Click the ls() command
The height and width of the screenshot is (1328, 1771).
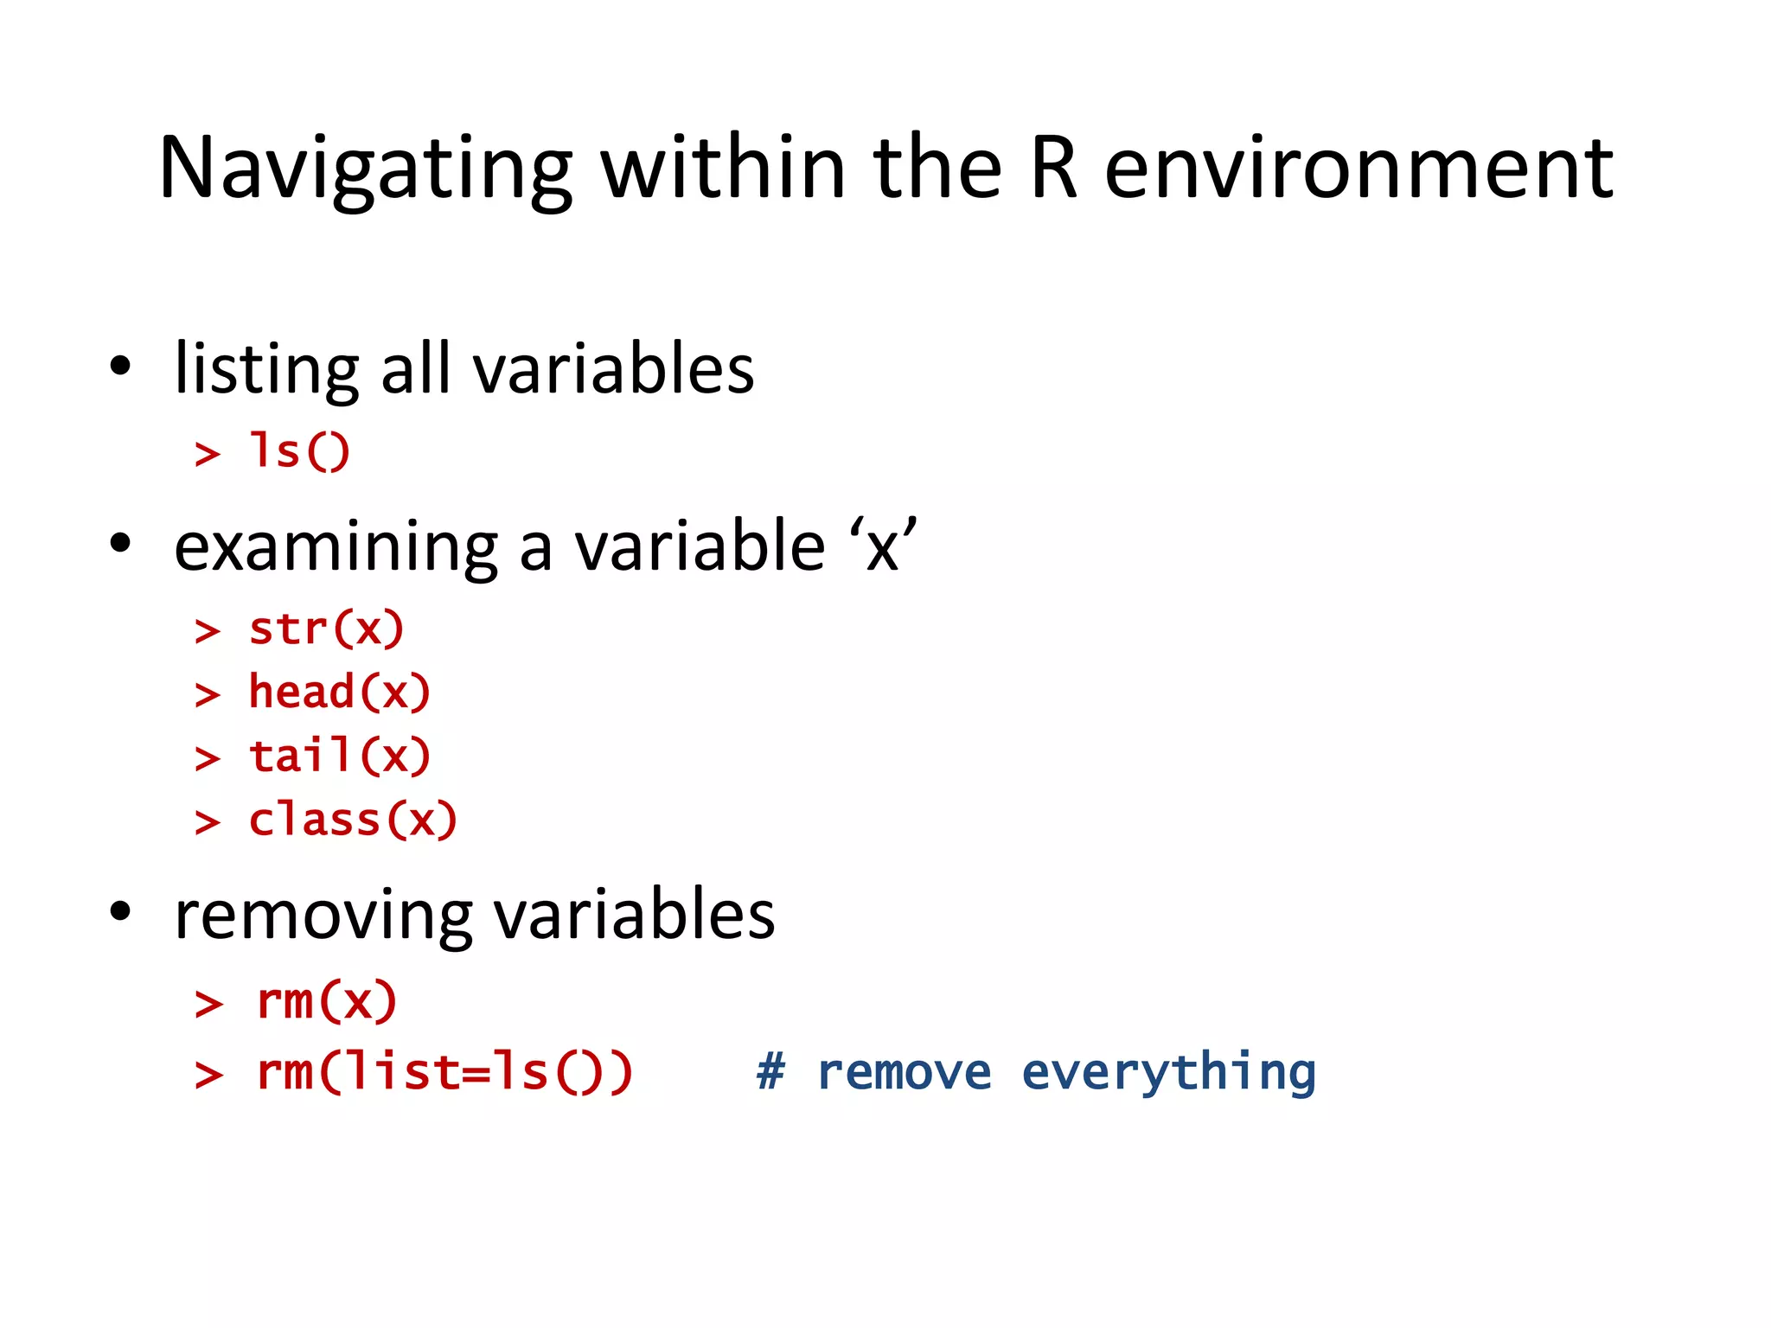[299, 451]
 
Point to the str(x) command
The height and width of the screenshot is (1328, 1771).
[326, 629]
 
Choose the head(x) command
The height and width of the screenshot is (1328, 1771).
[339, 693]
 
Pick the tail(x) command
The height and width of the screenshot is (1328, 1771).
[339, 757]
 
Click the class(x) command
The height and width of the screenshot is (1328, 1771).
[353, 820]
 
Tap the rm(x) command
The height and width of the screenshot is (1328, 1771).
[327, 1002]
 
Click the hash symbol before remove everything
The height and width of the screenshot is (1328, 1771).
[770, 1073]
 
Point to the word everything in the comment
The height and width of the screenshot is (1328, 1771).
[1168, 1073]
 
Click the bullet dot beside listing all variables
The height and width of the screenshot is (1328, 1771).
[120, 366]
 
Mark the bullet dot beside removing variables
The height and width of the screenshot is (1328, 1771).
[120, 911]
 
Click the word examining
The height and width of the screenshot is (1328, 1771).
[336, 547]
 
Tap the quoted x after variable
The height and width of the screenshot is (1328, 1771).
[882, 547]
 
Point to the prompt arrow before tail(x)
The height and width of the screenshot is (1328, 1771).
[208, 759]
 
